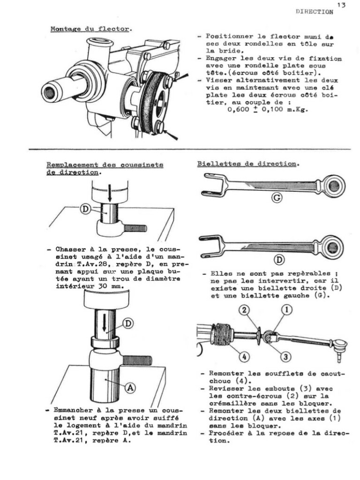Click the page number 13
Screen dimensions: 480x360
point(341,5)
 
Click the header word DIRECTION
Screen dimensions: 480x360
point(315,12)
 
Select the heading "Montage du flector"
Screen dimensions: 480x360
point(90,29)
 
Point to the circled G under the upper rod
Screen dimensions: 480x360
point(277,198)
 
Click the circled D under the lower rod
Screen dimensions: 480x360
point(279,260)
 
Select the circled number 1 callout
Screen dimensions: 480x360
point(286,309)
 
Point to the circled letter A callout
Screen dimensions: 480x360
point(130,388)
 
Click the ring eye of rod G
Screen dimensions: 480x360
point(334,186)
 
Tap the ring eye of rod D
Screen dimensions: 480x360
point(333,247)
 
